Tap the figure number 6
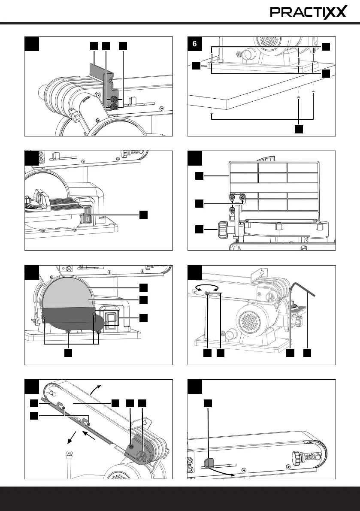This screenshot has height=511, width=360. (x=195, y=44)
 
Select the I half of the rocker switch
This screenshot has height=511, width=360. (x=87, y=211)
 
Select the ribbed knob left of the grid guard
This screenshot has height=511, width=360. (x=223, y=230)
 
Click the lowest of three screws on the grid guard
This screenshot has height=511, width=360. (x=233, y=210)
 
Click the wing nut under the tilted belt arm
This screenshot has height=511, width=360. (x=68, y=454)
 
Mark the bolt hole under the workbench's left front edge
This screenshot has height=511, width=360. (x=212, y=114)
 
